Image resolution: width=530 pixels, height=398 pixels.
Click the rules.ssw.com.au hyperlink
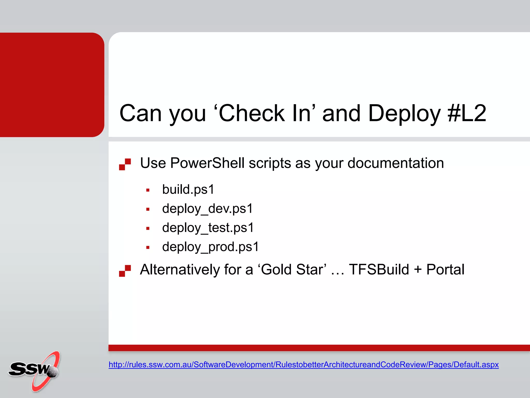click(303, 365)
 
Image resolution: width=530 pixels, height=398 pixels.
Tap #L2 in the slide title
click(467, 113)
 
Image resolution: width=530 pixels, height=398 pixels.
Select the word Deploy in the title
click(404, 113)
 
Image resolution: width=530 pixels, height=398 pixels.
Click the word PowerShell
click(207, 163)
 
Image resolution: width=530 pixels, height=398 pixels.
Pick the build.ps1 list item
click(188, 189)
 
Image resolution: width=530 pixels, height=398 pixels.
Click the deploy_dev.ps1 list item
click(207, 209)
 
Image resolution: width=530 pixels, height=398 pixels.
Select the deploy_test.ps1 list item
click(208, 228)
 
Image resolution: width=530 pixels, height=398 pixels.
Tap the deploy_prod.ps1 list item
click(210, 247)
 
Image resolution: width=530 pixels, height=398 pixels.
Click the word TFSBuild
click(379, 269)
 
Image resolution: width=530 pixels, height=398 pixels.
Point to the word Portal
click(445, 269)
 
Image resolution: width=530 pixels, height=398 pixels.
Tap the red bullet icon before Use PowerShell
click(125, 164)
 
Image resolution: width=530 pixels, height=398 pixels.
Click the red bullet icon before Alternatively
click(125, 271)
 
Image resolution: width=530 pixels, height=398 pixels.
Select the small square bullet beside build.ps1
click(148, 190)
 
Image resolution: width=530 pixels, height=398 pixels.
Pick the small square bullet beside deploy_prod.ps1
click(148, 247)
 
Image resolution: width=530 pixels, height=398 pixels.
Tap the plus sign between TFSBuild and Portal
click(418, 269)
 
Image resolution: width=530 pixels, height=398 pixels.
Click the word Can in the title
click(141, 113)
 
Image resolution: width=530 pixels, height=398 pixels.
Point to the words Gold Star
click(292, 269)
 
